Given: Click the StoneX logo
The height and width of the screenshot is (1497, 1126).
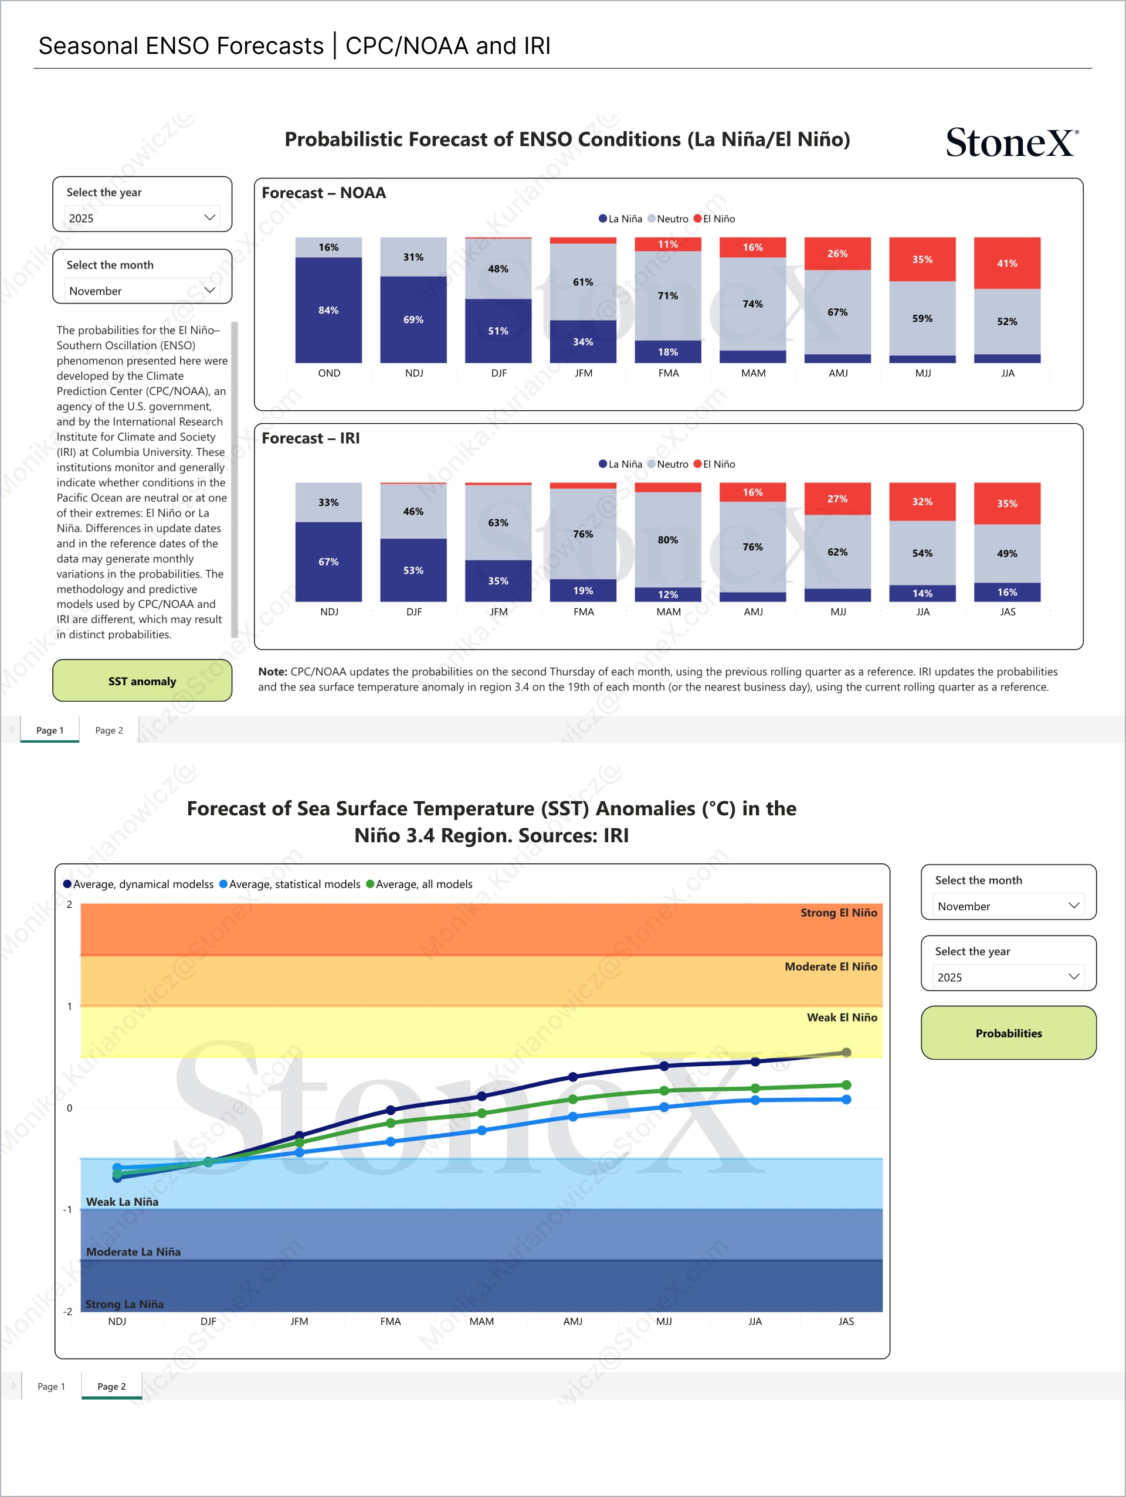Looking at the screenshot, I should (x=1012, y=143).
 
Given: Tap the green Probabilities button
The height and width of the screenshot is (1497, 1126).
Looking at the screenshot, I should (x=1008, y=1033).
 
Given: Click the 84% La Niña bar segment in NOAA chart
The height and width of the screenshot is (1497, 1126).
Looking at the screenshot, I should (x=328, y=310).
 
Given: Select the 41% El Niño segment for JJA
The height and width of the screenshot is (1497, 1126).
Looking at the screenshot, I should (x=1007, y=263).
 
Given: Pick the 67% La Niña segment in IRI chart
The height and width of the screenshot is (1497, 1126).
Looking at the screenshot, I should (x=328, y=562).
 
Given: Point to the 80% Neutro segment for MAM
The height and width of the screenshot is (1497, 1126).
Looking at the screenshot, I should (x=667, y=539).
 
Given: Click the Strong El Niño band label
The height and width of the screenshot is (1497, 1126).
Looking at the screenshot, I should (x=838, y=913).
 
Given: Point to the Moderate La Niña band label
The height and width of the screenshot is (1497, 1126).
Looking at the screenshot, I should (x=133, y=1252).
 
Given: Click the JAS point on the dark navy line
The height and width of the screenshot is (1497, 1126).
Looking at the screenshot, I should (x=846, y=1052).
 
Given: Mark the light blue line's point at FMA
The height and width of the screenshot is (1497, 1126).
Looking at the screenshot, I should (x=391, y=1142).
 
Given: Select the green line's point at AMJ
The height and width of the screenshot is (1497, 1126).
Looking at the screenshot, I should (x=573, y=1099).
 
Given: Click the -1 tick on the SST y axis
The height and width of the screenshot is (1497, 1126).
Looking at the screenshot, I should (x=67, y=1209).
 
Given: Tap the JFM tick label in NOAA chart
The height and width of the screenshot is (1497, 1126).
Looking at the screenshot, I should (x=583, y=373).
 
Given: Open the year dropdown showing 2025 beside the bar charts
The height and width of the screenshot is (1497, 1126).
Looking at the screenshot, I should (x=142, y=218).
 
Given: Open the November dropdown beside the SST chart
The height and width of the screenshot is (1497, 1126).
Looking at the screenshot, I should (x=1008, y=906).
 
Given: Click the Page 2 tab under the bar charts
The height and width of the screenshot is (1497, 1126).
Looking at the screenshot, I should (x=109, y=730).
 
